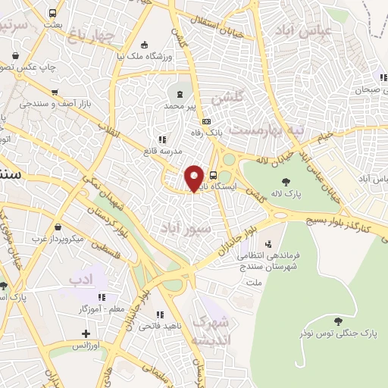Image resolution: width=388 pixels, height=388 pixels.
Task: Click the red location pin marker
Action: [194, 179]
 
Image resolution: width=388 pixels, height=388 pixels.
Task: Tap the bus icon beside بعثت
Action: [52, 14]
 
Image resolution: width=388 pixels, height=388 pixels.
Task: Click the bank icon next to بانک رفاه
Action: [206, 122]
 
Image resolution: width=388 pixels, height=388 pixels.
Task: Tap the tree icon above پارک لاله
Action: [286, 182]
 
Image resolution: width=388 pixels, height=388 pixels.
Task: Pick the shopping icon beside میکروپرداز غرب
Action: [59, 226]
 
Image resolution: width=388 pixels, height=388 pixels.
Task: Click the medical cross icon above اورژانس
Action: [86, 333]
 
